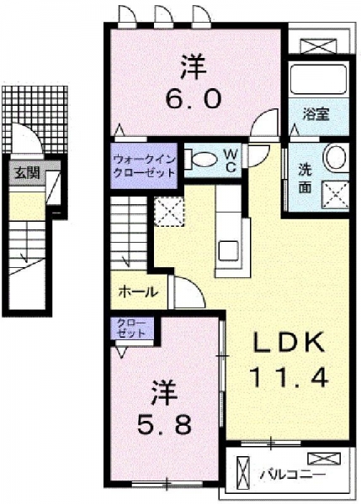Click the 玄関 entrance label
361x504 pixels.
tap(26, 174)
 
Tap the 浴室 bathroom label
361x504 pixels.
tap(316, 114)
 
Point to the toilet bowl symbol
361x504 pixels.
tap(202, 160)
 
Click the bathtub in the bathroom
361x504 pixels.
tap(318, 80)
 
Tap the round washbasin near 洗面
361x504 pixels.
tap(337, 158)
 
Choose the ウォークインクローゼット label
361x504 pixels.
tap(144, 165)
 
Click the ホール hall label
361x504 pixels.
tap(138, 292)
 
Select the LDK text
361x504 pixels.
tap(289, 343)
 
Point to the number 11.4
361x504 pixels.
tap(289, 377)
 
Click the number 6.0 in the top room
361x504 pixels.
tap(194, 98)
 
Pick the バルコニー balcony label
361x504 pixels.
tap(293, 475)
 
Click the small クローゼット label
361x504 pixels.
tap(131, 328)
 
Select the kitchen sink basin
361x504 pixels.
tap(229, 250)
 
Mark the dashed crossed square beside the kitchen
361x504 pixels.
tap(169, 212)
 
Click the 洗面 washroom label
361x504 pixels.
tap(305, 179)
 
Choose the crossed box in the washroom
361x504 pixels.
tap(336, 195)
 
